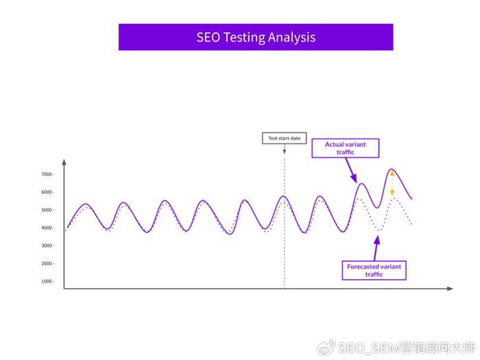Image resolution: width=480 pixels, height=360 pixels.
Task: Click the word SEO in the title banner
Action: coord(208,37)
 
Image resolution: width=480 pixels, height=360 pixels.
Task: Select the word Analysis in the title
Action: coord(291,38)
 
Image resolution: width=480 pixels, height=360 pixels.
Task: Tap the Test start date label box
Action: coord(284,138)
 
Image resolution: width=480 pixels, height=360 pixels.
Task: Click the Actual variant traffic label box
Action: coord(346,148)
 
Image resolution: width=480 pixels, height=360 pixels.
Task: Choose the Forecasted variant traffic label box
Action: coord(374,270)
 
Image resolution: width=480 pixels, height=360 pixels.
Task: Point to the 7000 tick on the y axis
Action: coord(47,174)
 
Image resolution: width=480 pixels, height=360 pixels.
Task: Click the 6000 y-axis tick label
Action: coord(47,192)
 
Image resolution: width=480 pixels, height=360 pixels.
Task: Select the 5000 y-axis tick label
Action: coord(47,210)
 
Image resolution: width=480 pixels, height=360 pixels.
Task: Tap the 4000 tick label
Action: coord(47,228)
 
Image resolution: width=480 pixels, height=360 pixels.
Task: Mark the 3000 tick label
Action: coord(47,245)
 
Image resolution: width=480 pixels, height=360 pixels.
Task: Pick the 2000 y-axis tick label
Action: coord(47,263)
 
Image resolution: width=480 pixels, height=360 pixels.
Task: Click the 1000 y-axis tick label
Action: coord(47,281)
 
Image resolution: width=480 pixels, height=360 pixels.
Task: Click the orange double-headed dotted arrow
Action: coord(392,183)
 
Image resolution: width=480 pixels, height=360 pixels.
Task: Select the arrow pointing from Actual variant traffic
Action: coord(351,171)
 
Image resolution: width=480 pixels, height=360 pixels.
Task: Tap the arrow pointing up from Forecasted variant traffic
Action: coord(376,248)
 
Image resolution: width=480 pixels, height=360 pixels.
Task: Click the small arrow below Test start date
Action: coord(285,149)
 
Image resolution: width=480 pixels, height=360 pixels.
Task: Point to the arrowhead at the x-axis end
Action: coord(450,289)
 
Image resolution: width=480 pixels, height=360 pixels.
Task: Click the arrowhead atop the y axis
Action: coord(64,163)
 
